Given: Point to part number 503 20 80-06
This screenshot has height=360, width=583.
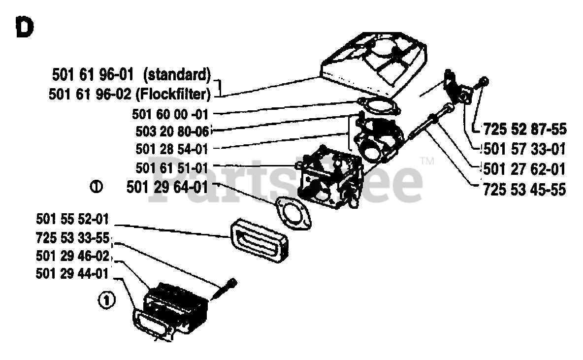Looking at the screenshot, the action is click(171, 131).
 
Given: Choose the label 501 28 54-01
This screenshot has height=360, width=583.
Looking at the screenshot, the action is click(171, 149).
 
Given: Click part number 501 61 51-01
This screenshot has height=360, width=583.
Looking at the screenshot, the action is click(171, 167).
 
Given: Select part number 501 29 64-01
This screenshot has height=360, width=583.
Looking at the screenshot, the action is click(167, 187).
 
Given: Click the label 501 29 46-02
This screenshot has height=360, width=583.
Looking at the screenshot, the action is click(72, 256).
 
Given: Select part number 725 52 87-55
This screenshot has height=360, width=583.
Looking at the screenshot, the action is click(525, 130).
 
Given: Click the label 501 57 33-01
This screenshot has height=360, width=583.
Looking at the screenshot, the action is click(525, 149).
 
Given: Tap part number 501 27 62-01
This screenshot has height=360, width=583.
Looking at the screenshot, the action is click(525, 169).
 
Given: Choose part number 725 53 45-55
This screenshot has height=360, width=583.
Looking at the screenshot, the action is click(525, 189).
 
